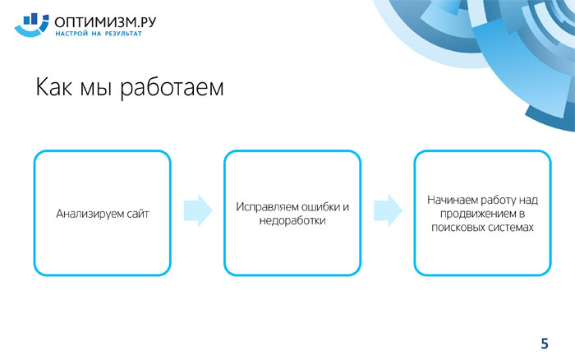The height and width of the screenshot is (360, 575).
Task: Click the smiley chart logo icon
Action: [31, 25]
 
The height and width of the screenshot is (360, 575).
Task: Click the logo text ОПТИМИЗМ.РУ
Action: [105, 22]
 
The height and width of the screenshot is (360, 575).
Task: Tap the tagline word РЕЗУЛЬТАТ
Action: [123, 34]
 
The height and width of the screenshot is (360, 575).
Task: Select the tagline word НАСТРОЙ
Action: [71, 34]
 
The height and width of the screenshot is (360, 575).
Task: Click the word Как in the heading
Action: [53, 87]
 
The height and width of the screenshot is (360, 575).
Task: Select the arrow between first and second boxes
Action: [198, 210]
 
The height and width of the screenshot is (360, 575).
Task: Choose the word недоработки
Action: [292, 220]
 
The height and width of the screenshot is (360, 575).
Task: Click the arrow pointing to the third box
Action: [388, 210]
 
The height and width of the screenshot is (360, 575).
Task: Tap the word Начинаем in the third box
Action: [453, 200]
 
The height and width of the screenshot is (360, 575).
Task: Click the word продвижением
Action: [478, 214]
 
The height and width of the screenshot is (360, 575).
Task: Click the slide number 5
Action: [545, 344]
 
